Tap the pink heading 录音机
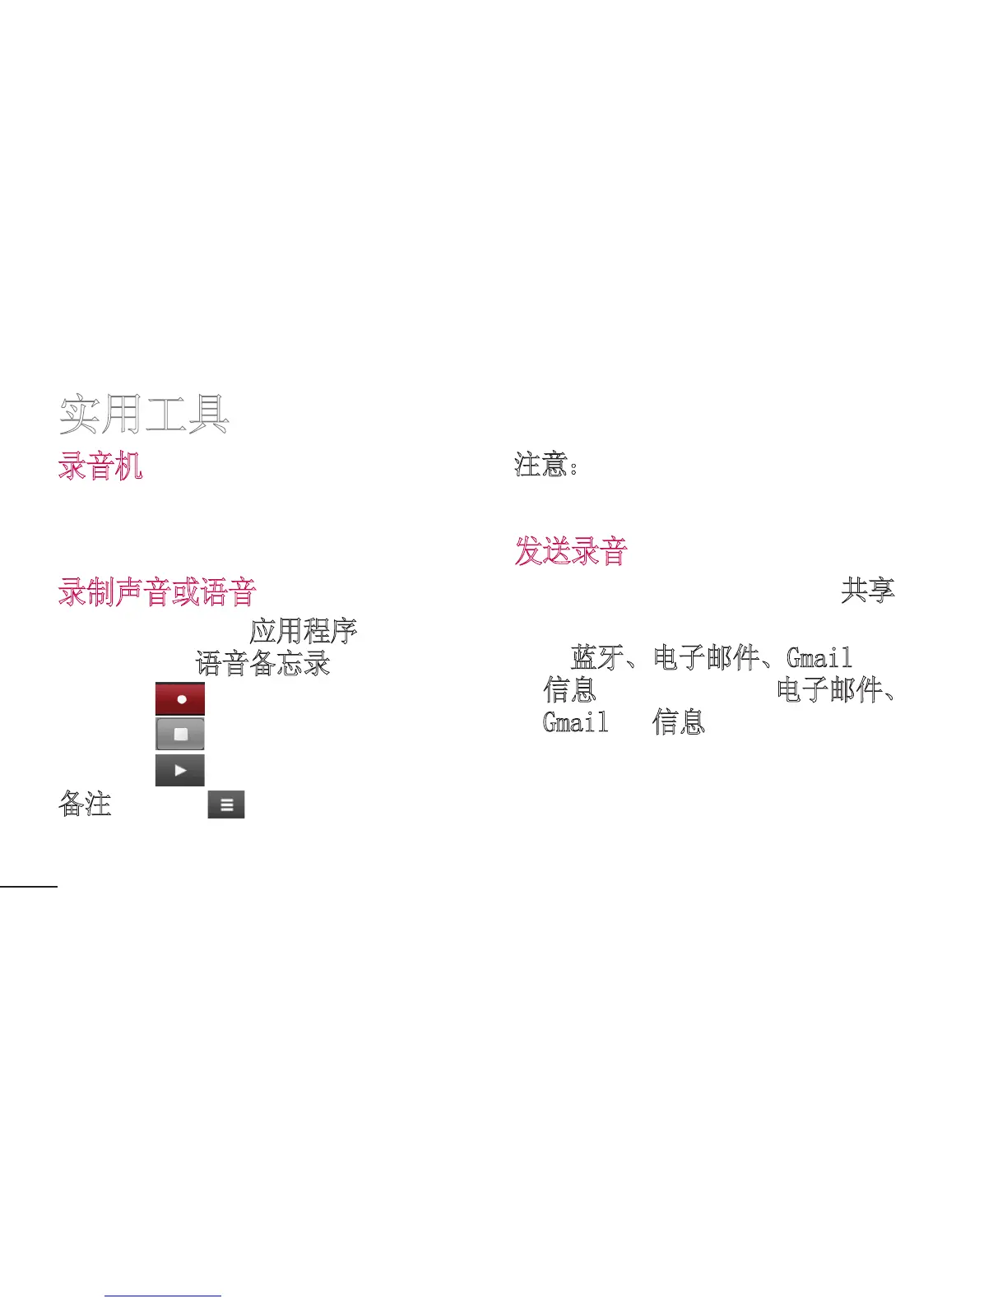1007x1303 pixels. (x=100, y=466)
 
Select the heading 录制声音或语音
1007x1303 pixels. (x=157, y=592)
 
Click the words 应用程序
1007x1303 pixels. (x=303, y=631)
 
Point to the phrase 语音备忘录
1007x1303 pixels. (x=262, y=663)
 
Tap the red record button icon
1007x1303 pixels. (x=180, y=698)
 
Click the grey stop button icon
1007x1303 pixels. (x=180, y=734)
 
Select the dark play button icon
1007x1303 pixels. (x=180, y=770)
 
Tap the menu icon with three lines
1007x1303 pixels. (x=226, y=805)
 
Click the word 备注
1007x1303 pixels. (x=85, y=804)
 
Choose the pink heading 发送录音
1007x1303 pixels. (x=571, y=551)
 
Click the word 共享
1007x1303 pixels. (x=867, y=590)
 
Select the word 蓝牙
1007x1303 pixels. (x=597, y=658)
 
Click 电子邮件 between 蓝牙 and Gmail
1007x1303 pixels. (x=706, y=658)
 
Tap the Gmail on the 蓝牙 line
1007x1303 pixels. (x=819, y=658)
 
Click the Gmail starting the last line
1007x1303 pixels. (x=575, y=722)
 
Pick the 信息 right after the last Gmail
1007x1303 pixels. (x=679, y=722)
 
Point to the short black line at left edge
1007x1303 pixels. (x=29, y=887)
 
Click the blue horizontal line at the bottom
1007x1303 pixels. (x=163, y=1296)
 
